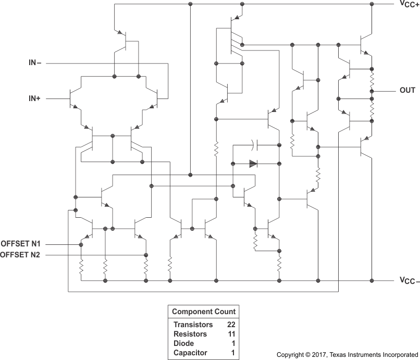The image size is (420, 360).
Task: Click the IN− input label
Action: pos(35,63)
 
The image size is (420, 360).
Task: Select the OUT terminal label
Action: pos(407,90)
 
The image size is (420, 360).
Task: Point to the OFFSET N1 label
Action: pos(24,244)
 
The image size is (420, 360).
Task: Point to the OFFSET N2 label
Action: pos(24,255)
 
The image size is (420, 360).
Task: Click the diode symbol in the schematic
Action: pos(253,164)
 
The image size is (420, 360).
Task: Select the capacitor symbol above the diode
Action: pos(253,144)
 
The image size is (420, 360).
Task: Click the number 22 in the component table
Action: pos(230,324)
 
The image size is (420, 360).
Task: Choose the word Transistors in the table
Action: pos(193,324)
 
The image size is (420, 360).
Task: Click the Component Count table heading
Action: pos(204,312)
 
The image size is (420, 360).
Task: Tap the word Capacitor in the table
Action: pos(190,353)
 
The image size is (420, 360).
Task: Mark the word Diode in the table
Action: pos(183,343)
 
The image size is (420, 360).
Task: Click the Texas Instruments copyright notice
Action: pos(347,355)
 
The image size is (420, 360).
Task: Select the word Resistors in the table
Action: pos(190,334)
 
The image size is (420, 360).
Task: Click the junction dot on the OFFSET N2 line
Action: pos(145,255)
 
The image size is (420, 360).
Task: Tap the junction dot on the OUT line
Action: pos(372,91)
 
